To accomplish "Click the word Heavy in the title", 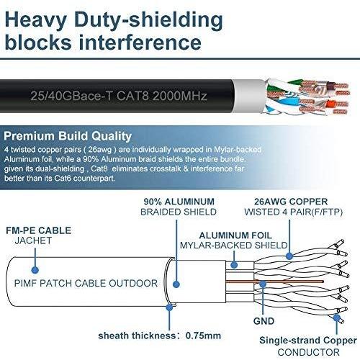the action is click(35, 19).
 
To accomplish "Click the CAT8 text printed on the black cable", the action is click(132, 96).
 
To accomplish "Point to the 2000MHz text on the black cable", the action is click(180, 96).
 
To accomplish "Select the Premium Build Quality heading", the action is click(68, 136).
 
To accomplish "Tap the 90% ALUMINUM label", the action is click(179, 202).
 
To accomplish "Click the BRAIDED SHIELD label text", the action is click(179, 212).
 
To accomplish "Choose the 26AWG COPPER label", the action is click(291, 202).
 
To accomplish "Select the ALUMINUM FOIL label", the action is click(235, 235).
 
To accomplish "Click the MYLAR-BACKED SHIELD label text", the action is click(234, 246).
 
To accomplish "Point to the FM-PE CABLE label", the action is click(38, 230).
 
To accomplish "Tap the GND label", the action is click(264, 321).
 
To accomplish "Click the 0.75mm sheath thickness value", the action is click(203, 336).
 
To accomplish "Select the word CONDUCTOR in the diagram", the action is click(309, 352).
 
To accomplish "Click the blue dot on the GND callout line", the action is click(263, 284).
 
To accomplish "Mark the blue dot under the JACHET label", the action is click(35, 270).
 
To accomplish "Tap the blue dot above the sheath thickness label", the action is click(169, 307).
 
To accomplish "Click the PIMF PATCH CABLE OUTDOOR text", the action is click(86, 283).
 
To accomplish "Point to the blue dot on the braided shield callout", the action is click(176, 284).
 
